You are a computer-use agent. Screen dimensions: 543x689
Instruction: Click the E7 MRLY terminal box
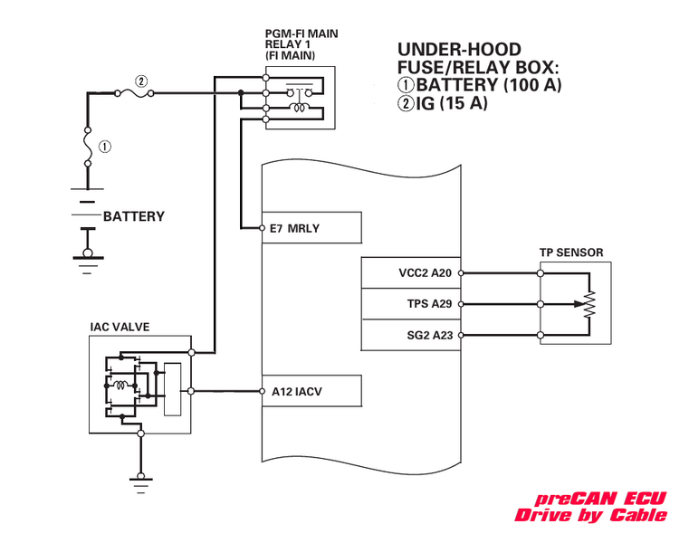click(311, 229)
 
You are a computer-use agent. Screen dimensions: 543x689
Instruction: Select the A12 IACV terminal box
click(311, 392)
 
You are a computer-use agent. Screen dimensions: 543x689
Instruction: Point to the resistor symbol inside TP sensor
click(590, 303)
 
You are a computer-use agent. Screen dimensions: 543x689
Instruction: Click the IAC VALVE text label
click(120, 326)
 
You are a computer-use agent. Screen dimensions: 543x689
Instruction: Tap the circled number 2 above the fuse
click(139, 79)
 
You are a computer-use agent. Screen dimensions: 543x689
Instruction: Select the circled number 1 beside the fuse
click(106, 146)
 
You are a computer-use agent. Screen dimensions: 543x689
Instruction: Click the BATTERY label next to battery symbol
click(134, 216)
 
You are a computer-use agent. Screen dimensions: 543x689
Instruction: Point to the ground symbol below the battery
click(86, 262)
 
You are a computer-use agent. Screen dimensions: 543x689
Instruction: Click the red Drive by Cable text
click(590, 516)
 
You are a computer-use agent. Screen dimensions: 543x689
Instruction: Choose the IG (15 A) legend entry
click(443, 104)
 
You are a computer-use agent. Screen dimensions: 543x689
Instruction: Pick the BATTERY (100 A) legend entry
click(480, 85)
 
